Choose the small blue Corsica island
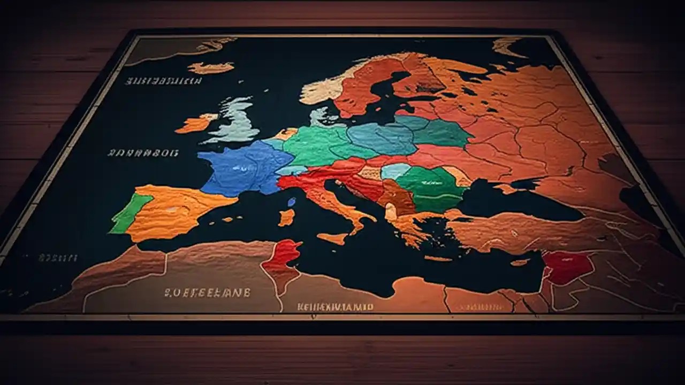pos(291,202)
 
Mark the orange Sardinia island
pos(287,217)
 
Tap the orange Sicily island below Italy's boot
pos(333,238)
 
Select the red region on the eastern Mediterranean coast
pos(567,267)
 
